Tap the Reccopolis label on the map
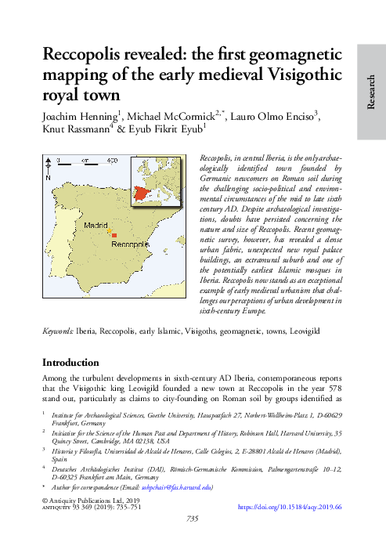coord(129,244)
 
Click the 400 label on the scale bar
coord(112,159)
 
